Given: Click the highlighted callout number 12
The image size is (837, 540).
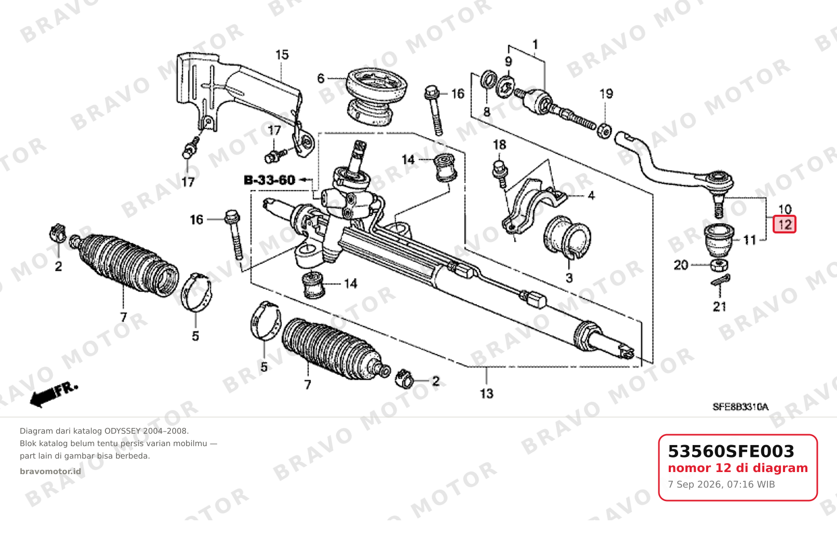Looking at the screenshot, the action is tap(785, 225).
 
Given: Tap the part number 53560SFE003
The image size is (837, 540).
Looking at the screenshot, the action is tap(731, 451).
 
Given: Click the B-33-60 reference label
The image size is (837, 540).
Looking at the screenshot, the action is tap(269, 180).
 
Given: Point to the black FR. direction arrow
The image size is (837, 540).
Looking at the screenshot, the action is tap(53, 395).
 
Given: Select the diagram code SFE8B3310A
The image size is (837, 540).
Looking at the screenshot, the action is tap(740, 407).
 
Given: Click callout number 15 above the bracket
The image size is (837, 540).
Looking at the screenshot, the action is tap(282, 55).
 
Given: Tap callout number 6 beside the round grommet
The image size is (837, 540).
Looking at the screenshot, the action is tap(320, 78).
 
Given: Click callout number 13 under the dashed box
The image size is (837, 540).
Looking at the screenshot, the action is tap(487, 393).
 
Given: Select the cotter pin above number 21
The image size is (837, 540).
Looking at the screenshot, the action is tap(721, 280).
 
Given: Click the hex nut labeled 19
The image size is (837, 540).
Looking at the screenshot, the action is tap(604, 130).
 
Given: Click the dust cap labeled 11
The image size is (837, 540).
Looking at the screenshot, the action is tap(719, 240).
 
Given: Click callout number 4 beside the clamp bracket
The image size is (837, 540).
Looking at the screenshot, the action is tap(591, 196).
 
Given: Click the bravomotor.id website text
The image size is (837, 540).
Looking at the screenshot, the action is tap(50, 472).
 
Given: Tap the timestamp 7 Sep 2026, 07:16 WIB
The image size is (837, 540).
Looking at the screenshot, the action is tap(721, 484).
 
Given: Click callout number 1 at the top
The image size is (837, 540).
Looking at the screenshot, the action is tap(535, 45).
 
